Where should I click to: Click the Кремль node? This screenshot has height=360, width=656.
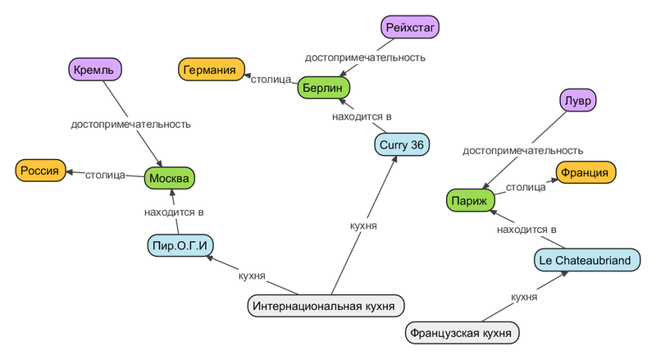click(94, 69)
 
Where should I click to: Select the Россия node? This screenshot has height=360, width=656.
click(40, 171)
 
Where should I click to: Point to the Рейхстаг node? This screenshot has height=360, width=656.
click(411, 28)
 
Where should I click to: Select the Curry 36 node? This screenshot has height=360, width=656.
click(403, 145)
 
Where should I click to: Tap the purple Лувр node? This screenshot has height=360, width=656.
click(578, 101)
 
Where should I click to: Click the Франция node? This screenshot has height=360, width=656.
click(585, 172)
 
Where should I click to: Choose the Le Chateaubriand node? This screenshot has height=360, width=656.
click(585, 260)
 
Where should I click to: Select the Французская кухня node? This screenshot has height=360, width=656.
click(462, 333)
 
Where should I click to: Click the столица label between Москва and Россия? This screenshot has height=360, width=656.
click(105, 175)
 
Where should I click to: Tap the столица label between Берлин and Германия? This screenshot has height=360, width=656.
click(271, 80)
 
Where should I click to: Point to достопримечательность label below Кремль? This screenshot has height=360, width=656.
click(131, 125)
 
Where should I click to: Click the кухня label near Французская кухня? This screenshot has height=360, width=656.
click(524, 297)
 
